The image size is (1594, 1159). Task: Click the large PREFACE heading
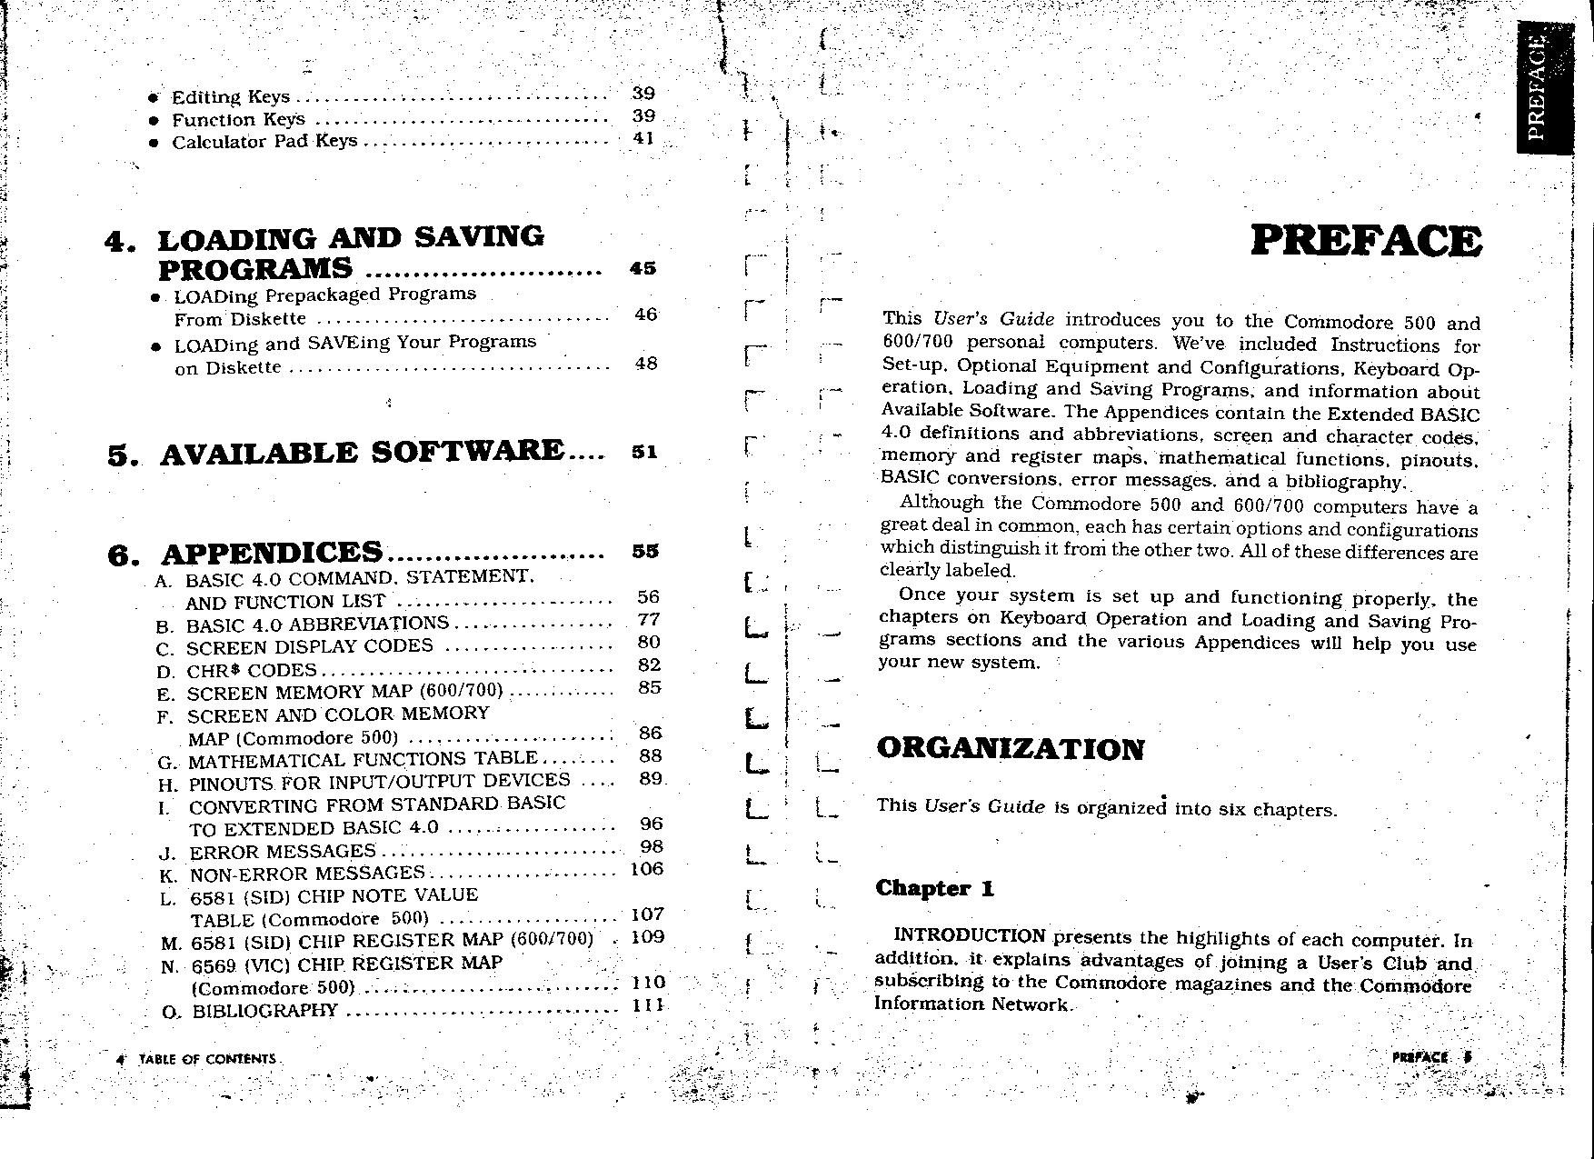tap(1366, 241)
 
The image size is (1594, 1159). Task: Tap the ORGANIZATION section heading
tap(1010, 749)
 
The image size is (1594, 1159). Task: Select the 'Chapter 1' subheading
tap(934, 888)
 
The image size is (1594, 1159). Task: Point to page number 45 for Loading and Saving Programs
tap(643, 269)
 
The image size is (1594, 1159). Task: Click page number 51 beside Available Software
tap(643, 452)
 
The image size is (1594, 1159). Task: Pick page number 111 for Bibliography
tap(648, 1005)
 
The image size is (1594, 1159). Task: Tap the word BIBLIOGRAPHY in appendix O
tap(264, 1011)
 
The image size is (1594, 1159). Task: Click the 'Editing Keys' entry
tap(231, 97)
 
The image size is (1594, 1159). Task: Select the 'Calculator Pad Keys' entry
tap(264, 142)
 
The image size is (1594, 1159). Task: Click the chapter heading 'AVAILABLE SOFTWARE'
tap(362, 452)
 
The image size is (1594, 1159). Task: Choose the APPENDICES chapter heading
tap(272, 553)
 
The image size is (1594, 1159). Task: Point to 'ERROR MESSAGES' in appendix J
tap(282, 852)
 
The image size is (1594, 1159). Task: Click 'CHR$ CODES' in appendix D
tap(251, 671)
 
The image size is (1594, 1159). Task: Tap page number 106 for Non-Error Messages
tap(646, 869)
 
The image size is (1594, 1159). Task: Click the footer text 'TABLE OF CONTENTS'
tap(207, 1059)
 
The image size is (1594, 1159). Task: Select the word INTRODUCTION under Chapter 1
tap(970, 936)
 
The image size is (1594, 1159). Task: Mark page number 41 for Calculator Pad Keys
tap(643, 139)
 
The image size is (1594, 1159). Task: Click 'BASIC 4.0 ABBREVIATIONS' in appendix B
tap(317, 624)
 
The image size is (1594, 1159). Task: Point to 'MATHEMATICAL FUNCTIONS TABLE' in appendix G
tap(363, 759)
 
